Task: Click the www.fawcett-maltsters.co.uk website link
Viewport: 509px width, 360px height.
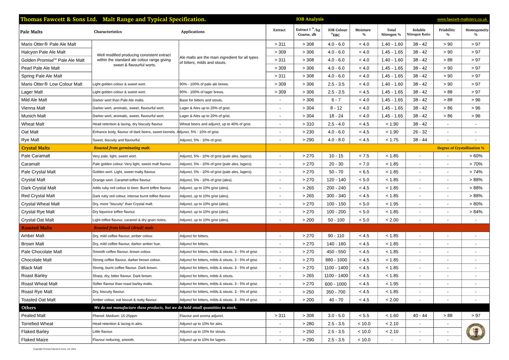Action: [x=462, y=19]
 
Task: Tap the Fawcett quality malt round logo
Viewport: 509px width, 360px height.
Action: [x=475, y=331]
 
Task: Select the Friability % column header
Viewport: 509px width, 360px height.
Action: [x=447, y=32]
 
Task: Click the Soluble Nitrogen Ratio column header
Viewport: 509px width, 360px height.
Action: [x=418, y=32]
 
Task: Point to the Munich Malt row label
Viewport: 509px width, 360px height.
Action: [x=33, y=116]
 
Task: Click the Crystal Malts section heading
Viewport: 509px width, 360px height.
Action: [x=36, y=148]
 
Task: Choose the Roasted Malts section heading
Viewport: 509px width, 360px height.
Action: [x=37, y=228]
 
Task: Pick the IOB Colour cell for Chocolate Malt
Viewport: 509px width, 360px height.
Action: [x=336, y=260]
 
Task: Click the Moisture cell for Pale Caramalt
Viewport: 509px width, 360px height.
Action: [x=364, y=156]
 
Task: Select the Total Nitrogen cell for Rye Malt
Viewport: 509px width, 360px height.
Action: [x=392, y=140]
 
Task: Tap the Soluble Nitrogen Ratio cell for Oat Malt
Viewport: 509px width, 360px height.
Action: [x=420, y=132]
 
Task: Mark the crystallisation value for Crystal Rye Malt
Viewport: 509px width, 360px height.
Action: [x=476, y=212]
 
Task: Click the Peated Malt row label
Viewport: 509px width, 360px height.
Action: [x=33, y=316]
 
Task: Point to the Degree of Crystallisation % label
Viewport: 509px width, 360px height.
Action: [x=460, y=148]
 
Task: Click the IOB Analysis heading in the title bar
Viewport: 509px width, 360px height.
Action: [x=310, y=19]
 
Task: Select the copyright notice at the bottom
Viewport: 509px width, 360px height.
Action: [x=54, y=349]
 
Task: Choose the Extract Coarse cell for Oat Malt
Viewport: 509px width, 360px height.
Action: [x=308, y=132]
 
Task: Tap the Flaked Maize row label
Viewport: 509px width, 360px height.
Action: [x=35, y=340]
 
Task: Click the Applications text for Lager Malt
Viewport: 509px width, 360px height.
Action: [x=201, y=92]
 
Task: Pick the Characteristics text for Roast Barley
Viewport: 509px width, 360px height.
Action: [x=122, y=276]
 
